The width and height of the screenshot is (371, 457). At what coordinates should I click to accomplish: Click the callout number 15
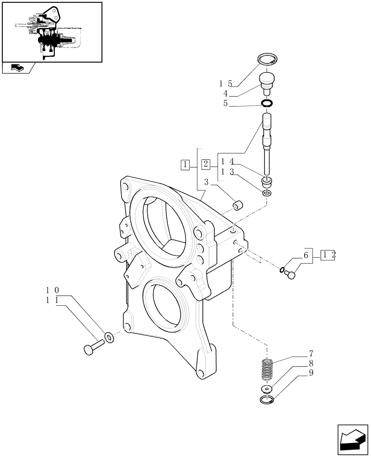[225, 84]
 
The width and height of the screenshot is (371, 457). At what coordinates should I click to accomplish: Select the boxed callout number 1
[185, 164]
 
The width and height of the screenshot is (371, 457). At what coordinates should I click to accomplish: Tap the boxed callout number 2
[206, 164]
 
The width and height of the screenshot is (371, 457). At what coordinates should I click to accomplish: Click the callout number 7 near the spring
[311, 353]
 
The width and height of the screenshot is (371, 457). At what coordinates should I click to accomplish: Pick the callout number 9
[311, 372]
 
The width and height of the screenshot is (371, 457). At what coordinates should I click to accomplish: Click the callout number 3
[207, 182]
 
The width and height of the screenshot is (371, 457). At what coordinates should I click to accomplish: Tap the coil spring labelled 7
[267, 369]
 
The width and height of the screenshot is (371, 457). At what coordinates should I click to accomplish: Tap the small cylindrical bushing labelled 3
[238, 206]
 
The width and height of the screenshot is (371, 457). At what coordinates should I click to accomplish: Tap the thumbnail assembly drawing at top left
[51, 32]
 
